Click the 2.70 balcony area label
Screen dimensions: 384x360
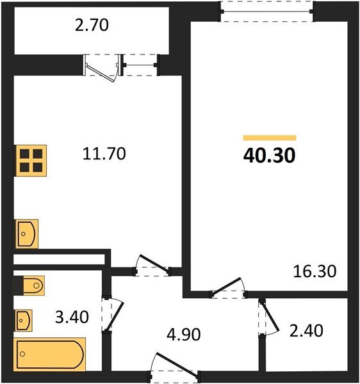coord(93,26)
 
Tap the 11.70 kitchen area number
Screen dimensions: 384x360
coord(103,154)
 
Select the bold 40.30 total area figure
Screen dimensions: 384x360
coord(269,156)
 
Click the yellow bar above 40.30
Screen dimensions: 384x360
coord(270,138)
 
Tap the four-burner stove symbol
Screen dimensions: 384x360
coord(31,160)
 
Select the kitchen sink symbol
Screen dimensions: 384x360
coord(26,234)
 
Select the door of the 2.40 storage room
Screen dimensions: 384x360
coord(268,316)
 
